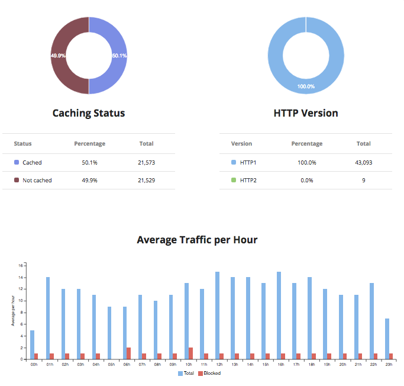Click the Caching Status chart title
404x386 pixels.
(x=89, y=112)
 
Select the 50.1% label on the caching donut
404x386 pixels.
(x=119, y=56)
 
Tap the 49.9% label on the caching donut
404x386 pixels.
(x=58, y=56)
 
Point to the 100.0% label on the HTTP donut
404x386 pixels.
(x=306, y=86)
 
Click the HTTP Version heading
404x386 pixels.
(x=306, y=112)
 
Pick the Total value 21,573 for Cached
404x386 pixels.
(x=146, y=162)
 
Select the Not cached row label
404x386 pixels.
(x=37, y=180)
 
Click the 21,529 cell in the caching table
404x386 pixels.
(x=146, y=180)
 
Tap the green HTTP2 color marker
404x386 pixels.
(x=234, y=180)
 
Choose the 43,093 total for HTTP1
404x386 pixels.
(x=364, y=162)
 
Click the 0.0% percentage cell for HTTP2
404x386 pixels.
(x=306, y=180)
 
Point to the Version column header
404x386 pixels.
(x=241, y=143)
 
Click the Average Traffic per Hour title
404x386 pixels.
(x=197, y=240)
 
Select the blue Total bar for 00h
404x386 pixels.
(x=32, y=345)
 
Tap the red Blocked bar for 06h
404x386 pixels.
(x=128, y=353)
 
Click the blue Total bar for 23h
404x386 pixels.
(x=386, y=339)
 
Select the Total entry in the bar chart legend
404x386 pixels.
(x=187, y=374)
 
